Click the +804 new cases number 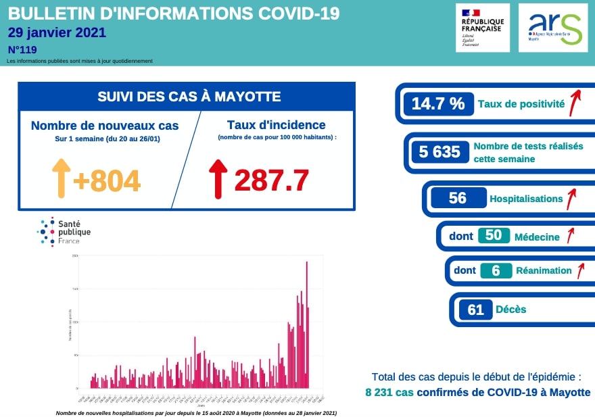106,180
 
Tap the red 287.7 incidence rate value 271,180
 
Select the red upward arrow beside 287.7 218,178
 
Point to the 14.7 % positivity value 438,104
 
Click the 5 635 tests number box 439,152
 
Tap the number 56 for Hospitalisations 458,198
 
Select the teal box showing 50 493,235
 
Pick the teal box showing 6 496,270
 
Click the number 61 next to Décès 475,310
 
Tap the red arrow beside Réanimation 579,270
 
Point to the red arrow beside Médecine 570,235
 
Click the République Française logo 482,27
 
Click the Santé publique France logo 64,232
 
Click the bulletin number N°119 22,49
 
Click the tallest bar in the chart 307,324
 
